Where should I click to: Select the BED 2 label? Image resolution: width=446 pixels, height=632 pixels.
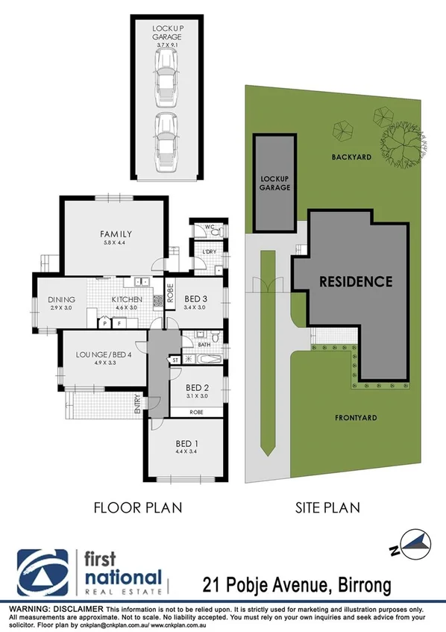pos(196,387)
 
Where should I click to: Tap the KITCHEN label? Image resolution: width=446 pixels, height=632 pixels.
pos(126,299)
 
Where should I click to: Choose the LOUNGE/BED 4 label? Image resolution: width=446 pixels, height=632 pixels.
pos(104,354)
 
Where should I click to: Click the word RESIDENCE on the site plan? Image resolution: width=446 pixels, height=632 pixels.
pos(356,281)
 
